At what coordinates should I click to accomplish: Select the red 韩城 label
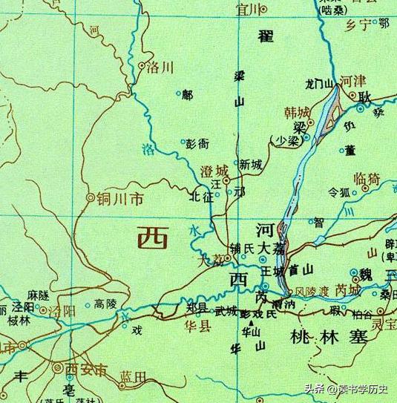click(x=297, y=113)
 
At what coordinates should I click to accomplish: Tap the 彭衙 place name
click(x=197, y=143)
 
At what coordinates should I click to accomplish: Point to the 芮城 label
click(x=347, y=290)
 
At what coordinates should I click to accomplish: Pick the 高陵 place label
click(x=106, y=304)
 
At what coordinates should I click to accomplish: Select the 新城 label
click(x=251, y=165)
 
